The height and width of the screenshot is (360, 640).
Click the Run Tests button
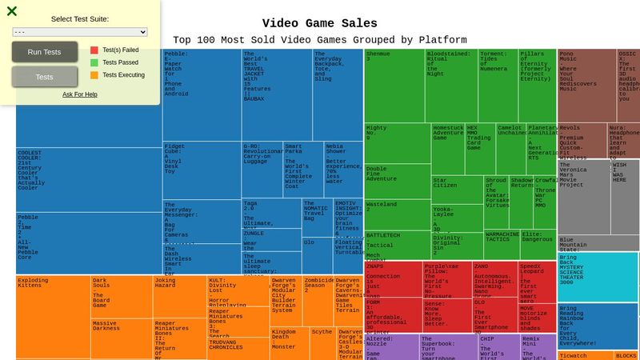pos(45,52)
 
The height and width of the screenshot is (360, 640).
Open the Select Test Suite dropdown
pos(80,32)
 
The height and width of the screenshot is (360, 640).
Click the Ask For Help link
pos(80,94)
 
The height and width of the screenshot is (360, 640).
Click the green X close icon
pos(12,11)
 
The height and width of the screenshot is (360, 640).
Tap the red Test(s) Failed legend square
pos(94,50)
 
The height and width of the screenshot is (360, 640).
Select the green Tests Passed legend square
pos(94,62)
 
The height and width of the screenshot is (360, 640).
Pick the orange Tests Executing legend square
pos(94,75)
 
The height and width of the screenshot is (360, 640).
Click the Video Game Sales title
pos(320,23)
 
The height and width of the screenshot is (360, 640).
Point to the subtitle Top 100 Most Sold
pos(320,40)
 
